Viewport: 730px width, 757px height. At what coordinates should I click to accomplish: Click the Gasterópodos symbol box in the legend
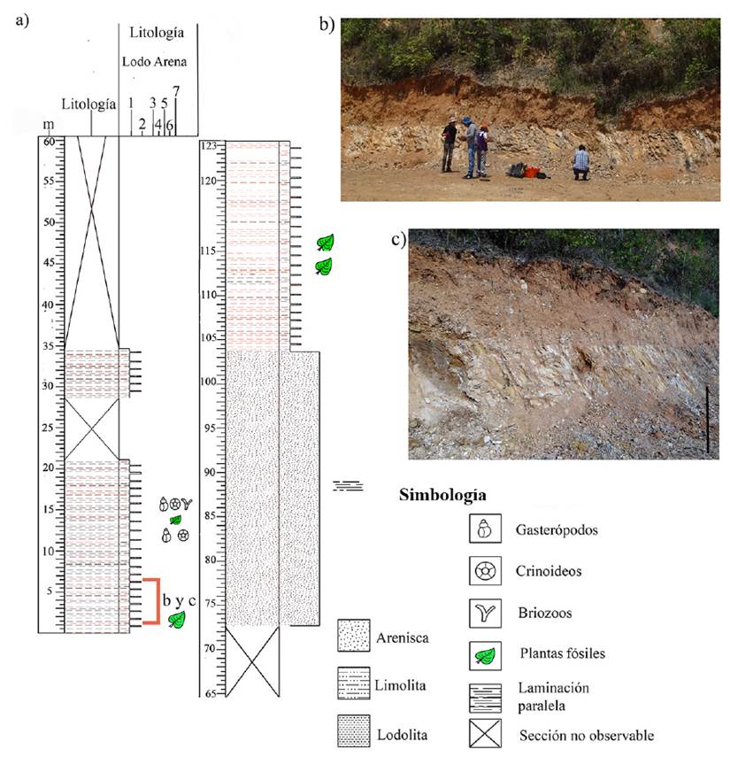point(483,530)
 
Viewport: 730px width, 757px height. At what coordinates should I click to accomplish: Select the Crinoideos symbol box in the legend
point(483,572)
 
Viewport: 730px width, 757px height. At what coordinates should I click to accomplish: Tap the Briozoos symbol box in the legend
point(483,614)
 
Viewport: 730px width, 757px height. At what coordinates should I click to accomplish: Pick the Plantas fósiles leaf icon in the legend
point(483,654)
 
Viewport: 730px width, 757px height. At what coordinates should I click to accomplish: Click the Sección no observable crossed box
point(483,734)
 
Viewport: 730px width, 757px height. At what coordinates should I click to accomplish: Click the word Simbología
point(443,494)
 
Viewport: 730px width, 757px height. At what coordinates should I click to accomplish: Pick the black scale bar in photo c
point(708,419)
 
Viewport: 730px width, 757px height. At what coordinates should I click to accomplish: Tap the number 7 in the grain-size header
point(177,90)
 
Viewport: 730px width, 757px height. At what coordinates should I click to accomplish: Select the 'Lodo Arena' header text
point(157,62)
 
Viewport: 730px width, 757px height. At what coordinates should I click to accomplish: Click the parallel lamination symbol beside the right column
point(348,485)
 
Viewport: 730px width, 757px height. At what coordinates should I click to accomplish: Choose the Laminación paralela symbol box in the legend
point(483,694)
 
